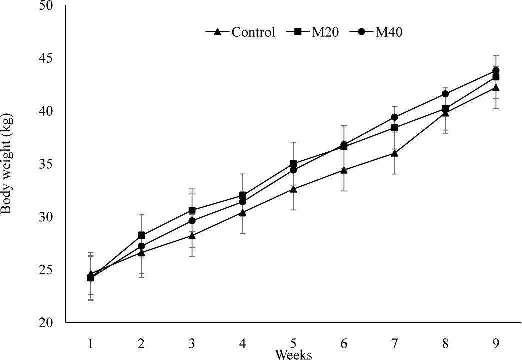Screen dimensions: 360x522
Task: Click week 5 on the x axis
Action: coord(293,343)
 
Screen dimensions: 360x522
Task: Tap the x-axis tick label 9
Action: coord(495,343)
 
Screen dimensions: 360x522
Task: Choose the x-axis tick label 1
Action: coord(91,343)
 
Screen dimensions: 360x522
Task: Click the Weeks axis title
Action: coord(294,354)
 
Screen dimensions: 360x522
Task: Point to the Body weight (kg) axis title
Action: coord(7,164)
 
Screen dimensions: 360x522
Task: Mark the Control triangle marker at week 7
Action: coord(394,153)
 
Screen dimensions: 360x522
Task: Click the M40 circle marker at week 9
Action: coord(496,71)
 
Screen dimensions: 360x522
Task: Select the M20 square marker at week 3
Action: coord(192,210)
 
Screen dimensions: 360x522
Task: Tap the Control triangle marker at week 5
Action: coord(293,189)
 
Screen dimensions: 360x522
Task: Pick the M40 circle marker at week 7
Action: coord(394,117)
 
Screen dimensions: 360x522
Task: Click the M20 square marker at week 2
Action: coord(141,235)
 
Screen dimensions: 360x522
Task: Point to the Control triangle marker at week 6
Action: coord(344,170)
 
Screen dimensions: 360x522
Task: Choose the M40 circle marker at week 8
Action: coord(445,94)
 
